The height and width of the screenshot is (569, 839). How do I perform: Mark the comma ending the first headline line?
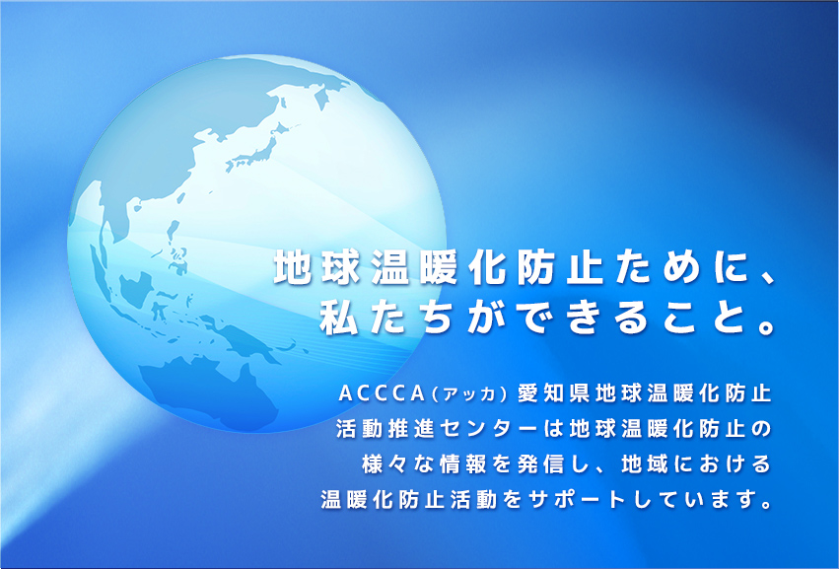(767, 278)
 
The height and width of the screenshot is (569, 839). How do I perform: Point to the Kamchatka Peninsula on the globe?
(321, 97)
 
